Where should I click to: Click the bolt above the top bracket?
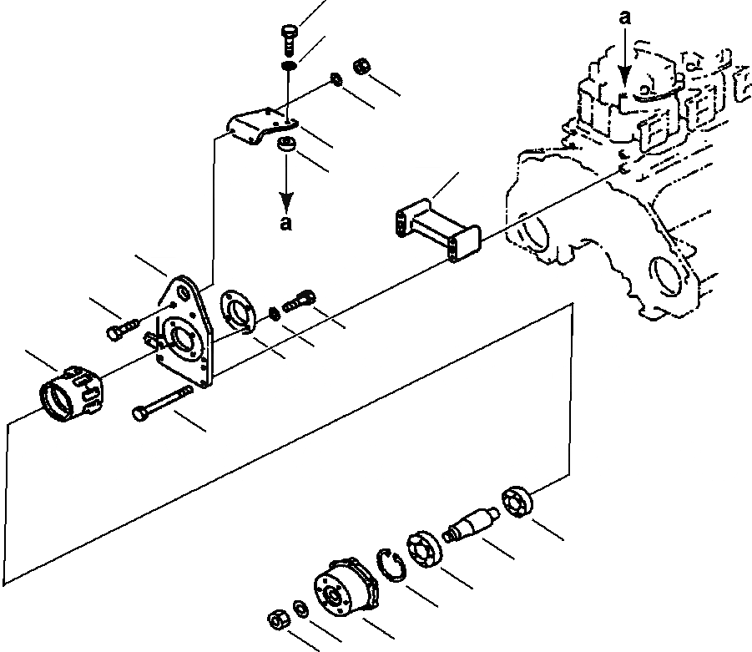coord(287,38)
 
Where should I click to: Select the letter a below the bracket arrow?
coord(286,223)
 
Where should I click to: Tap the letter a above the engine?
coord(625,15)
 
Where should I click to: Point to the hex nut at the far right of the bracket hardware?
coord(361,64)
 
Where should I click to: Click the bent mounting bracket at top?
coord(260,128)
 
